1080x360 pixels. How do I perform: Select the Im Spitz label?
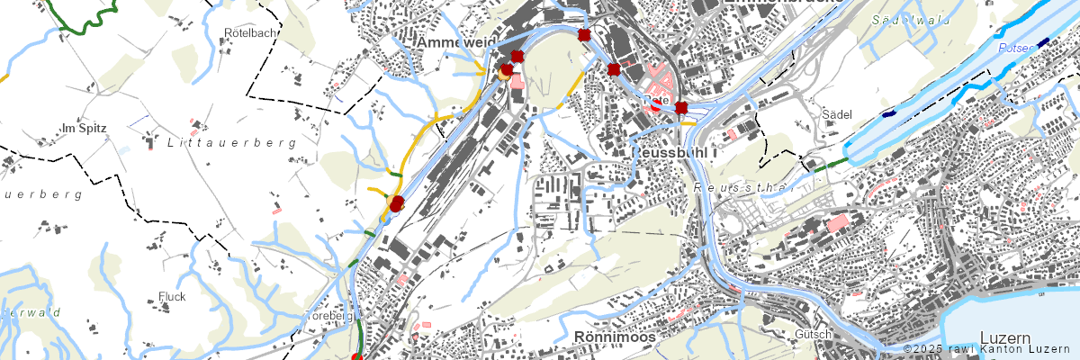[85, 129]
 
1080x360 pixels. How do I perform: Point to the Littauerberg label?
[232, 143]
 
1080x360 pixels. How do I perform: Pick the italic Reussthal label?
[742, 188]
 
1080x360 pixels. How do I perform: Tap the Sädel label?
[837, 114]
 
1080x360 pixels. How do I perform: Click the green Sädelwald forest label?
[911, 19]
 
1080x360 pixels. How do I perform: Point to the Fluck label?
[171, 296]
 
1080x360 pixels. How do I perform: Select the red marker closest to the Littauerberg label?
[397, 204]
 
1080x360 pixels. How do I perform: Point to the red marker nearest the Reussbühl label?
[681, 108]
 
